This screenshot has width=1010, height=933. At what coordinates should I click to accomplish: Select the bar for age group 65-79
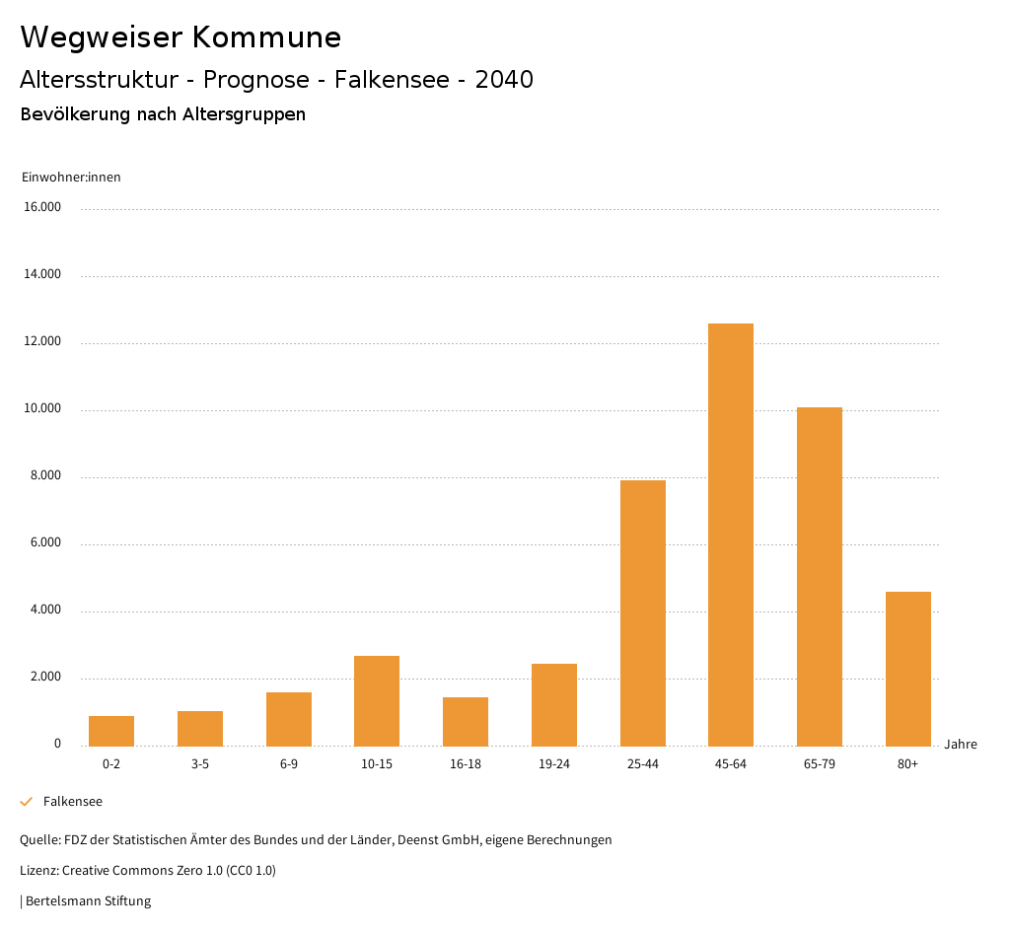819,577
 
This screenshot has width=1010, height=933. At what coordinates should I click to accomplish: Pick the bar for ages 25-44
642,612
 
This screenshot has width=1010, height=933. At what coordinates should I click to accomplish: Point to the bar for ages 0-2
111,731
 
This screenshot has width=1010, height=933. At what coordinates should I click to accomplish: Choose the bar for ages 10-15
377,700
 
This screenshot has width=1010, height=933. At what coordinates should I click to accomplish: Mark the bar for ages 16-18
466,721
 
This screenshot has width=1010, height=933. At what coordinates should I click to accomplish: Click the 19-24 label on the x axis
554,764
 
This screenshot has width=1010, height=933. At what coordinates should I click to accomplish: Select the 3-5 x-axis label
200,764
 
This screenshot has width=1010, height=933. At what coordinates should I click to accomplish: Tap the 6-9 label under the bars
289,764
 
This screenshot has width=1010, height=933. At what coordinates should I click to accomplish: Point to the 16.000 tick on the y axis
42,207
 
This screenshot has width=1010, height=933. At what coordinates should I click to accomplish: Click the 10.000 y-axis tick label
42,408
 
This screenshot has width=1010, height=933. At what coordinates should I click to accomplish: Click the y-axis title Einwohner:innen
71,178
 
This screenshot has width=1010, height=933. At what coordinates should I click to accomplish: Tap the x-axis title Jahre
961,744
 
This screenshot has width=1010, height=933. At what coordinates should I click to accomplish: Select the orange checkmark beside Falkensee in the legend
27,802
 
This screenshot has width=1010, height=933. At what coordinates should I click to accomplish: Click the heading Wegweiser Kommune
180,37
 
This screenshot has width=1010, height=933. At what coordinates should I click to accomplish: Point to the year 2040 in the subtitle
504,80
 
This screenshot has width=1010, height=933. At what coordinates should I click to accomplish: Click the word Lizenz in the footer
38,870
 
